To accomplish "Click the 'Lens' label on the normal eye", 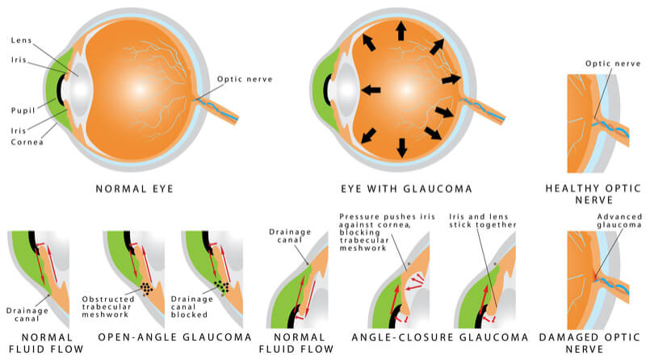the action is (x=22, y=40).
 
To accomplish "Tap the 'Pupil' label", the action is (x=23, y=111).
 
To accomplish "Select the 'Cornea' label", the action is (x=27, y=142).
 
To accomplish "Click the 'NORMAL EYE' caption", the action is (x=134, y=189).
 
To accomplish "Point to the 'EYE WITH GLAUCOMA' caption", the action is (x=406, y=189).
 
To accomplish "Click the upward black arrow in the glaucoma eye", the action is (x=401, y=31).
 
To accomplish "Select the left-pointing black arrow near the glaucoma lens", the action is (x=371, y=90).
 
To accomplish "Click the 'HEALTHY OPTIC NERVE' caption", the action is (x=594, y=194).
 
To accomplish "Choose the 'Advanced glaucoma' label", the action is (x=619, y=220).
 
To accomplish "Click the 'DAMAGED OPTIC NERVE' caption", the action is (x=589, y=343).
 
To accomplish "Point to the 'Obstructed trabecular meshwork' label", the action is (x=108, y=307).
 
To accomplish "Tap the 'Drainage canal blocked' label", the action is (x=191, y=307).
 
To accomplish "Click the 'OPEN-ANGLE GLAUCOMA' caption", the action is (x=174, y=337).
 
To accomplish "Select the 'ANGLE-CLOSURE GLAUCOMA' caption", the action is (x=439, y=337).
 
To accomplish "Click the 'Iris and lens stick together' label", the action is (x=482, y=220).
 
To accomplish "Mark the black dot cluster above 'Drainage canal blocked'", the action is (x=222, y=286).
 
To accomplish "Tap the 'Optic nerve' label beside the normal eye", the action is (x=245, y=79).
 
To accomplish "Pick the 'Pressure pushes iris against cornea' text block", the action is (x=387, y=232).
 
